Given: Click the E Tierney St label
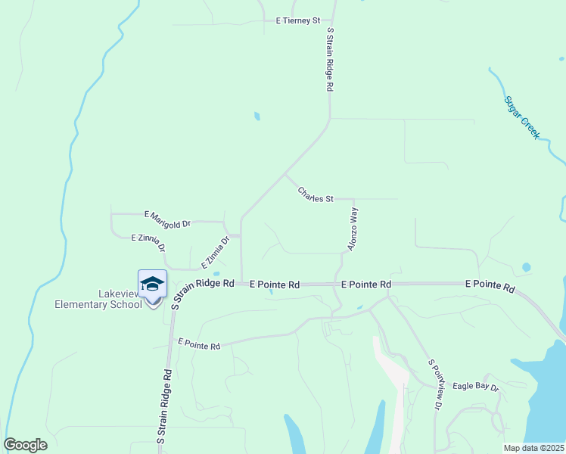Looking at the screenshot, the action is tap(298, 20).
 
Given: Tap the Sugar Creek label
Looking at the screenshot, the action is tap(521, 116).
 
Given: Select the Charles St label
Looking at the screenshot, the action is tap(316, 195).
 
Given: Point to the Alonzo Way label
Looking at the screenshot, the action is tap(352, 229).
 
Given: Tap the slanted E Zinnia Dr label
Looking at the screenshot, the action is tap(215, 253).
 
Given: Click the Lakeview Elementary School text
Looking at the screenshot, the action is tap(98, 299).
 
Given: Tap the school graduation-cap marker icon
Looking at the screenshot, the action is tap(152, 283).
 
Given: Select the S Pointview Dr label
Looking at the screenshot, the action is tap(434, 384).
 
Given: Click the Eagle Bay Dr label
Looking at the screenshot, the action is tap(476, 387).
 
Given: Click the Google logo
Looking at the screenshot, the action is tap(25, 445).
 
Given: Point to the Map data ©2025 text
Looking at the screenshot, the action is tap(534, 448).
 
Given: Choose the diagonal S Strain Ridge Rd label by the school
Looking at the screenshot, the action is tap(201, 292).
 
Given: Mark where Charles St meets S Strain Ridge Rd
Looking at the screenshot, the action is tap(285, 174).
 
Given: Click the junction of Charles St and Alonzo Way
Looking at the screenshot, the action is tap(354, 199).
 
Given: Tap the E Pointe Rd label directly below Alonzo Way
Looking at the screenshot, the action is tap(366, 285).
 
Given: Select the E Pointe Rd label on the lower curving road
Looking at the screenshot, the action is tap(199, 344).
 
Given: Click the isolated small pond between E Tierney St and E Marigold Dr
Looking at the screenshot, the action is tap(257, 117).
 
